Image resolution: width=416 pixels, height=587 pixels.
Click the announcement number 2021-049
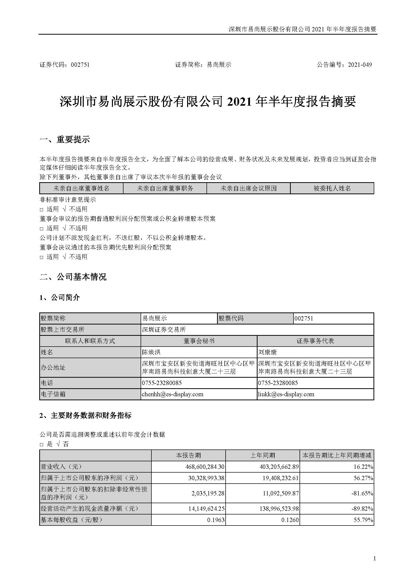point(360,65)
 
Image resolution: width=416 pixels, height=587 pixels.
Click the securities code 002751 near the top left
point(80,65)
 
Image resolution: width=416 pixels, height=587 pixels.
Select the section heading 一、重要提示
point(65,140)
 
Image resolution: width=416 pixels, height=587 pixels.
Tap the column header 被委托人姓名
point(332,188)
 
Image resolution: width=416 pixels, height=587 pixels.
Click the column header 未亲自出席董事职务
point(165,188)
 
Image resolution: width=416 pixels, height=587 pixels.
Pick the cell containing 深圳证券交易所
point(164,330)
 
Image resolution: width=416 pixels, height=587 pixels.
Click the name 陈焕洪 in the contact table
point(151,352)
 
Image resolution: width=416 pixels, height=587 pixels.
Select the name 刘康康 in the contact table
point(267,352)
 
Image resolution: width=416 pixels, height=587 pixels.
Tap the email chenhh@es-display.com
point(173,394)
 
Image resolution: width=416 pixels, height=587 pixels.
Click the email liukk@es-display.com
point(286,394)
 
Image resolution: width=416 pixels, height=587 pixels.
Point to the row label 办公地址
point(53,367)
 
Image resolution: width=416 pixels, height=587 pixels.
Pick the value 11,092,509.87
point(281,493)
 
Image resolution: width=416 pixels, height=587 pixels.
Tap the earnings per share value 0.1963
point(216,520)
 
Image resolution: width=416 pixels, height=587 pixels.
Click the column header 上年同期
point(263,455)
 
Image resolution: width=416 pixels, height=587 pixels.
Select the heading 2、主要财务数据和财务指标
point(85,415)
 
